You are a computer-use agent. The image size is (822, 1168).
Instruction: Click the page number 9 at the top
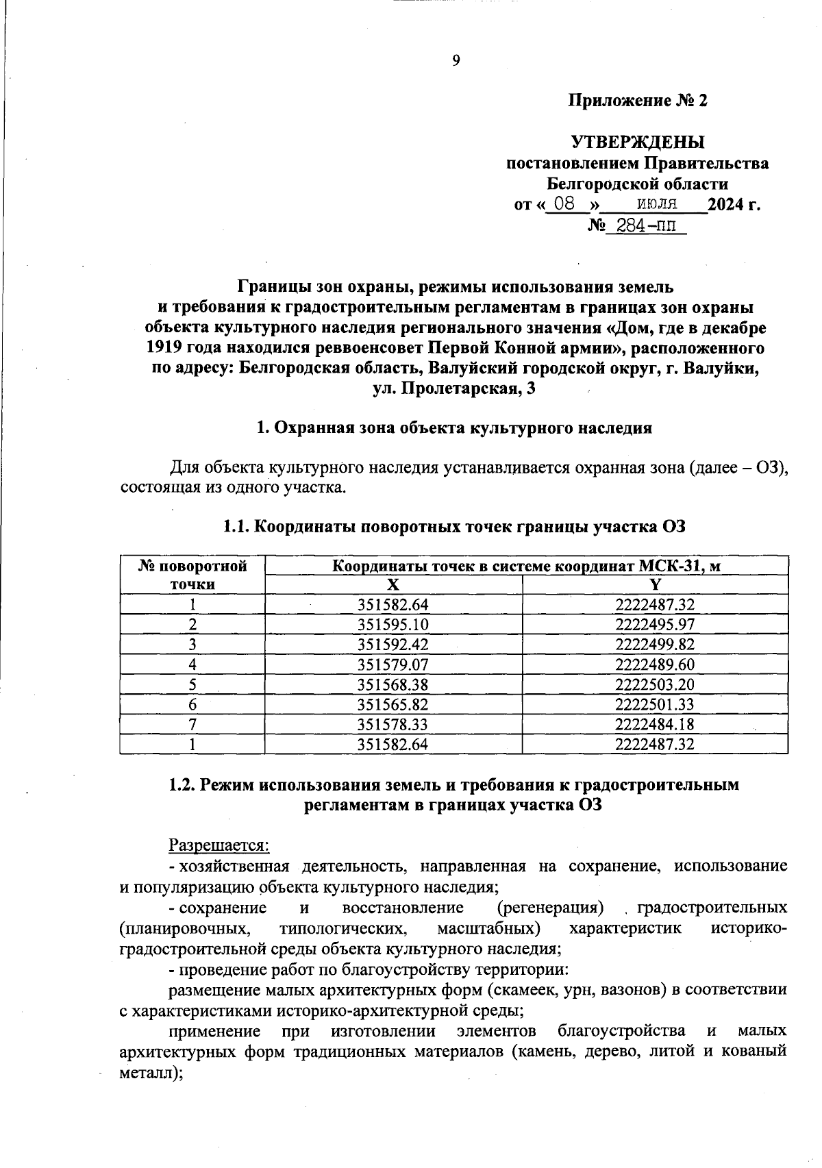[456, 61]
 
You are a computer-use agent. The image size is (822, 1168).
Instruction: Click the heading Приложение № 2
[638, 101]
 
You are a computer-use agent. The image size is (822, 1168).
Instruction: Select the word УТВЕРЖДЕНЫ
[638, 142]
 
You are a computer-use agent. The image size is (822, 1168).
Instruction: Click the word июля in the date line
[656, 203]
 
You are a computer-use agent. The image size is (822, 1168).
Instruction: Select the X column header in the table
[393, 584]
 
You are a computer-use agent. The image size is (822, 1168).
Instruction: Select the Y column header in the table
[655, 584]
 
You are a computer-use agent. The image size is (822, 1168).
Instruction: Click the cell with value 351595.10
[393, 624]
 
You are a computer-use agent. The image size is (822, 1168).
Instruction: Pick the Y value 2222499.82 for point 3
[655, 644]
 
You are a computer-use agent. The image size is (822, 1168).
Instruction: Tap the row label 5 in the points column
[192, 684]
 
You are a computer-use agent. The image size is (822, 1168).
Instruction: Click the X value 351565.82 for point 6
[393, 704]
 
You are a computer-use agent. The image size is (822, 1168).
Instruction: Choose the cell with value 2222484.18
[655, 724]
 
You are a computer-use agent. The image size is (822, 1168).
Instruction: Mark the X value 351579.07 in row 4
[393, 664]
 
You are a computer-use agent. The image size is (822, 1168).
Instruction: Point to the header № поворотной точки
[192, 575]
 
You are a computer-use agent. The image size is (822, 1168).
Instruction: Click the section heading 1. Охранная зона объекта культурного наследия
[454, 428]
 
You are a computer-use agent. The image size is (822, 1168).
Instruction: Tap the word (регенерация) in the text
[551, 908]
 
